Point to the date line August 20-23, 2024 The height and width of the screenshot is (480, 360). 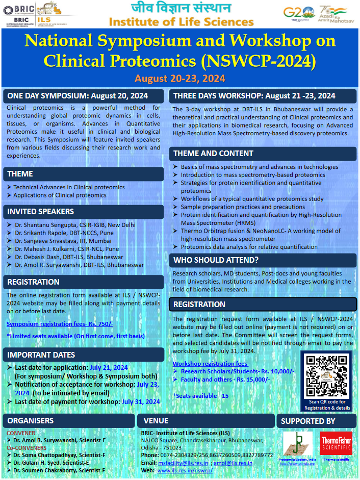tap(180, 79)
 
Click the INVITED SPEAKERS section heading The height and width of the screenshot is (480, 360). tap(41, 211)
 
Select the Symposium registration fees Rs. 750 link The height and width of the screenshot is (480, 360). tap(60, 324)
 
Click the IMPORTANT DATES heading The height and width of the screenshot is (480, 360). tap(41, 355)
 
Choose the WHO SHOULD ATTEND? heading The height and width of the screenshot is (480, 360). tap(216, 260)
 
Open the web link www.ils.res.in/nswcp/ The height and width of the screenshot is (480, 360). tap(185, 470)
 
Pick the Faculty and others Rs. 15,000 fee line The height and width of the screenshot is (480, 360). tap(225, 380)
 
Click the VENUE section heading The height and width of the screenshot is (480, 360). tap(156, 421)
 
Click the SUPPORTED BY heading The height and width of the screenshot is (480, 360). tap(308, 421)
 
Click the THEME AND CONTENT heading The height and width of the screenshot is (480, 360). tap(213, 153)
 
